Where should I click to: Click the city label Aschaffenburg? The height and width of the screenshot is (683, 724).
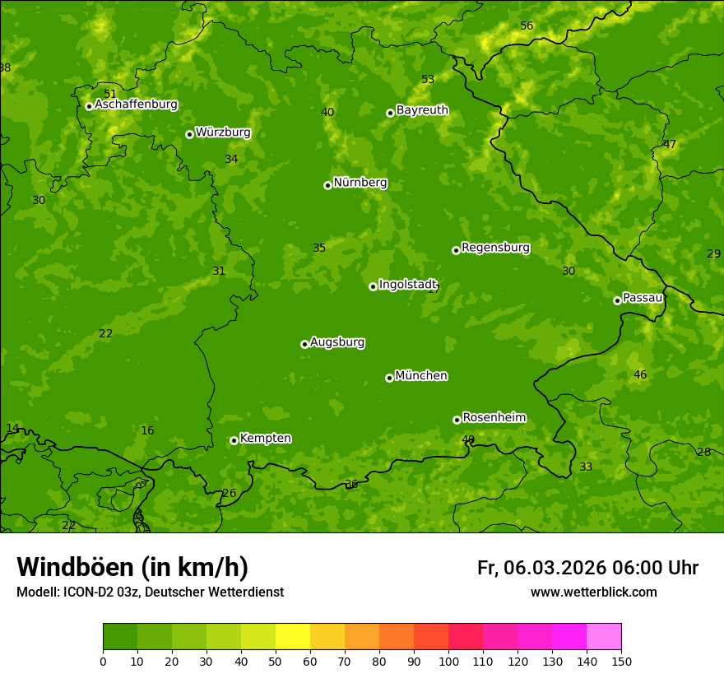point(136,105)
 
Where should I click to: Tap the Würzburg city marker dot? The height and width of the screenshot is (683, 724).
point(189,134)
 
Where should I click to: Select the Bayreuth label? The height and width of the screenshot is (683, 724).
point(422,110)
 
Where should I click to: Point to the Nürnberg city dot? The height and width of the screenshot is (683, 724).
point(327,185)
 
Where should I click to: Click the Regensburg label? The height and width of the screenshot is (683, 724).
point(495,248)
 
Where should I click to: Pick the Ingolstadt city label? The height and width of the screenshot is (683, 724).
point(407,285)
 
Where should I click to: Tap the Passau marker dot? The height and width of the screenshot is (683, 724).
point(617,300)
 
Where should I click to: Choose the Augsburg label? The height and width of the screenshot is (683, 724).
point(337,342)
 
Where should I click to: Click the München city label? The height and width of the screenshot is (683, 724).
point(421,376)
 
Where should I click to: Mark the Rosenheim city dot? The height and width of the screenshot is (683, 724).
point(457,420)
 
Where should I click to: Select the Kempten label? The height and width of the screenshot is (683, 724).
point(265,439)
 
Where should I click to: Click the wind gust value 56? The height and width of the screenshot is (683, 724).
point(527,26)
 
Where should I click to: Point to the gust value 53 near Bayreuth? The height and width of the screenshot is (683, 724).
point(428,80)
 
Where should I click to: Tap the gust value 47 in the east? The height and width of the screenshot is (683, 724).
point(670,145)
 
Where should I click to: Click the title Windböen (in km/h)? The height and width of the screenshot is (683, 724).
point(132,567)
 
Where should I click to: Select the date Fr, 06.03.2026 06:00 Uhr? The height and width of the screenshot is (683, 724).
point(587,568)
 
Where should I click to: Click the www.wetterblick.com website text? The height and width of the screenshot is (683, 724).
point(593,592)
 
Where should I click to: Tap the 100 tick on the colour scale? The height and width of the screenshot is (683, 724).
point(448,661)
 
